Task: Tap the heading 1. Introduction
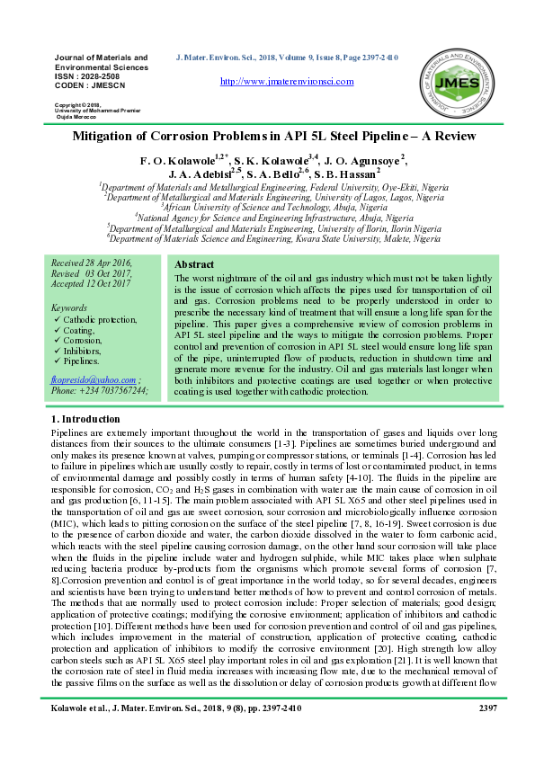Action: (x=86, y=419)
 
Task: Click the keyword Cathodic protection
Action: (x=100, y=319)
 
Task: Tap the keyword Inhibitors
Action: (x=85, y=352)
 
